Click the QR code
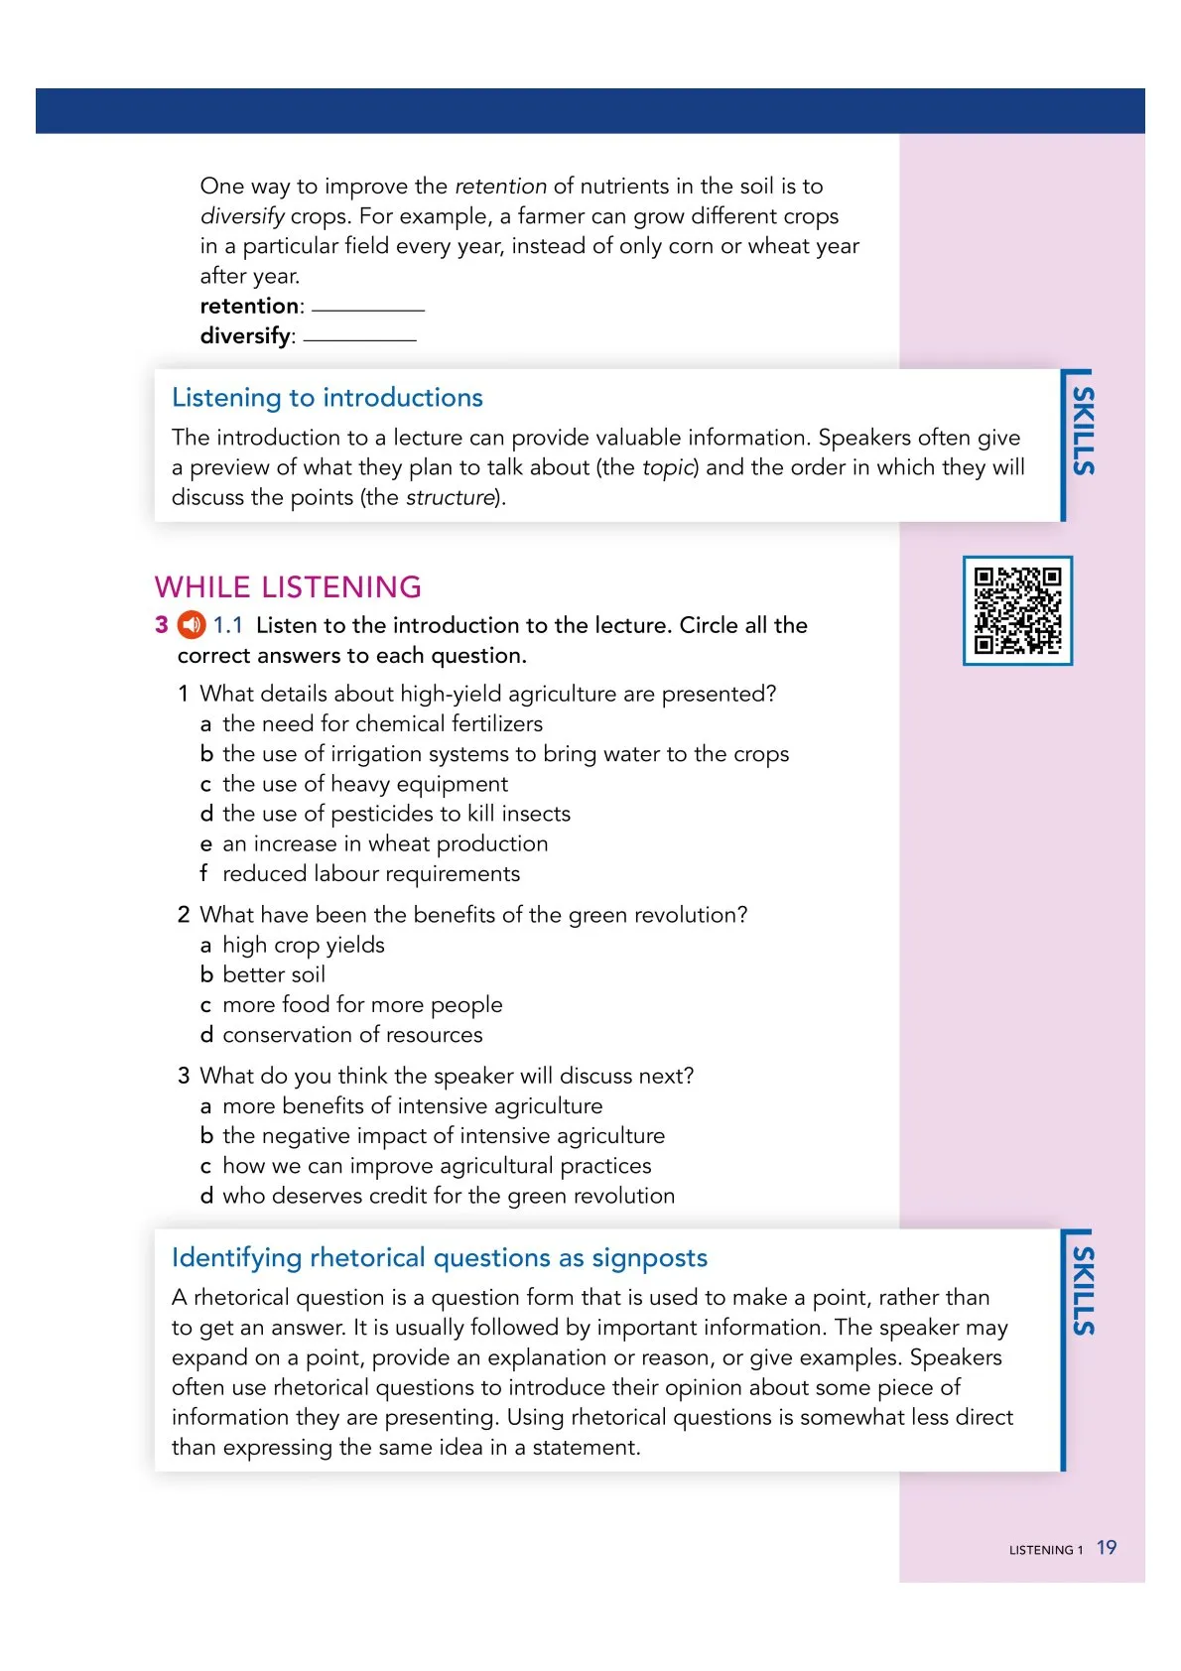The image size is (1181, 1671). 1017,610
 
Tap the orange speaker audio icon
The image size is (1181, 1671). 192,625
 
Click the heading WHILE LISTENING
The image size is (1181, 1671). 288,586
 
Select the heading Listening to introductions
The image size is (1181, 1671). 327,398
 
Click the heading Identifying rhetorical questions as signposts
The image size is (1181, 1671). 439,1258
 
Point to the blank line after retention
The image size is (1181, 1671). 368,309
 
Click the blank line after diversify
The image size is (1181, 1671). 359,338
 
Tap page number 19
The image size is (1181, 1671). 1107,1548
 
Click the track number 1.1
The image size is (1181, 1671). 228,625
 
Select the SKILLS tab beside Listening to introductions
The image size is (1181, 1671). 1083,432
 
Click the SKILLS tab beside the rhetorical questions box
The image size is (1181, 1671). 1083,1291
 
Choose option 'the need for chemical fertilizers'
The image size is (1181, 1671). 382,724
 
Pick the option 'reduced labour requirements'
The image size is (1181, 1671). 370,874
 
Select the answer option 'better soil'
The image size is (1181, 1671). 274,975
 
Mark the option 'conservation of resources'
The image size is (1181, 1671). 352,1035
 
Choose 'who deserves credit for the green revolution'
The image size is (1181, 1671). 448,1197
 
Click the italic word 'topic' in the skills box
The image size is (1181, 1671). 668,467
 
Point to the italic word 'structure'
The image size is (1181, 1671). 450,497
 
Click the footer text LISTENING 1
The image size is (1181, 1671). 1045,1550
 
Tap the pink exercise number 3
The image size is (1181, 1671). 162,625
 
